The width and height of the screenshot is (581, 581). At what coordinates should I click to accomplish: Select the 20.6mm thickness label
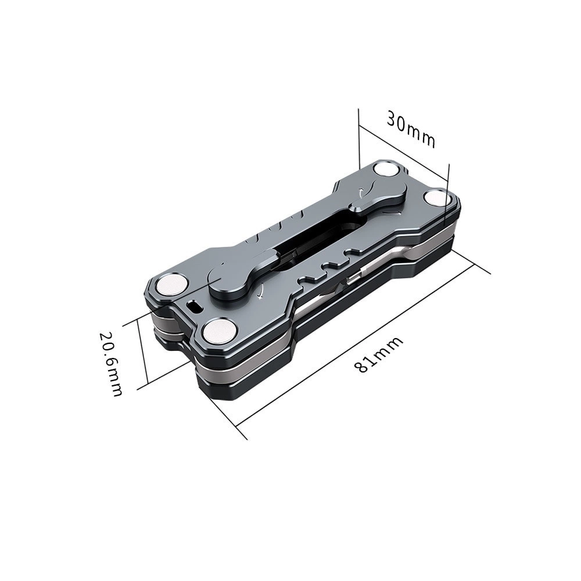coord(110,364)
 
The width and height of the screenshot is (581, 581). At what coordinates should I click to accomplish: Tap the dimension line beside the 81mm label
coord(360,343)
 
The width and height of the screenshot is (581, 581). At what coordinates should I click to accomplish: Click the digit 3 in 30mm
coord(393,121)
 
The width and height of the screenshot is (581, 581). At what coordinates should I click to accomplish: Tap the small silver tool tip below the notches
coord(351,281)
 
